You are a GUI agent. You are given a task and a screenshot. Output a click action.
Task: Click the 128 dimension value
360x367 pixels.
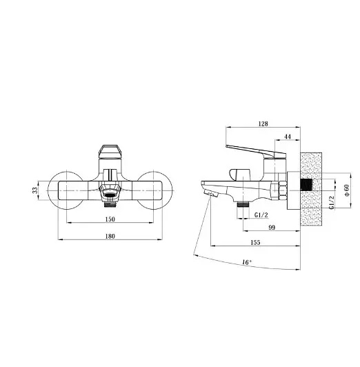[x=263, y=123]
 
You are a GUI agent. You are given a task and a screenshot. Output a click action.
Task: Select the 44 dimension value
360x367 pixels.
[x=288, y=137]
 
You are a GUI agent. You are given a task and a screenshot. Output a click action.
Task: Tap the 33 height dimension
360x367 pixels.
[x=35, y=190]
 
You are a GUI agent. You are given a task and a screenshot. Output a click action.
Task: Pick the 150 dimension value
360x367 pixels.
[x=110, y=219]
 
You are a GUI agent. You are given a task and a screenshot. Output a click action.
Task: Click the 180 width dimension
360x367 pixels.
[x=110, y=236]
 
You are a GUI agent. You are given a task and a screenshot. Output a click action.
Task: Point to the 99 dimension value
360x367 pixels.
[x=272, y=228]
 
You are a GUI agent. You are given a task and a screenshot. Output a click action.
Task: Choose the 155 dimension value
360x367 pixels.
[x=255, y=242]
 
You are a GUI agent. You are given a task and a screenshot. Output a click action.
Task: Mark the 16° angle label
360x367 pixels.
[x=247, y=262]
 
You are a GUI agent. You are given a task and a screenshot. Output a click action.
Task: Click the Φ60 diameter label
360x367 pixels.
[x=346, y=190]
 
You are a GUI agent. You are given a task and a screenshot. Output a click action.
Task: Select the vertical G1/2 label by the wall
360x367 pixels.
[x=331, y=203]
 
